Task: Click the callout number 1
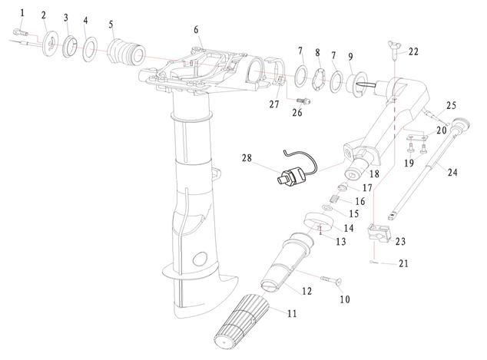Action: [22, 12]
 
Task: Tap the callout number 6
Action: [196, 30]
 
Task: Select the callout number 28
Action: [246, 157]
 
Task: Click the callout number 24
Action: [452, 173]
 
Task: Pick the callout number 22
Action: [413, 52]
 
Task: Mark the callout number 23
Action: [399, 241]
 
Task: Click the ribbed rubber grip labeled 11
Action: [240, 322]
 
